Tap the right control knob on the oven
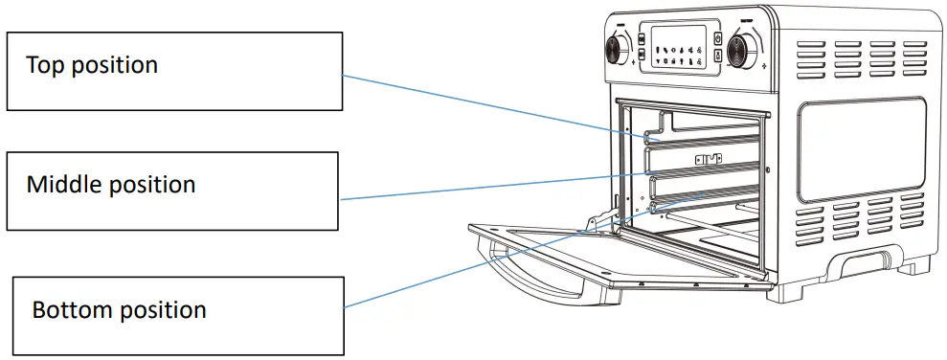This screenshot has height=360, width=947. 739,51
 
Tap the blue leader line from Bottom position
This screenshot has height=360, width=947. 479,264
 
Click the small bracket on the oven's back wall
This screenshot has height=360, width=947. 709,160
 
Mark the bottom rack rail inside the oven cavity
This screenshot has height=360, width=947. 709,200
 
